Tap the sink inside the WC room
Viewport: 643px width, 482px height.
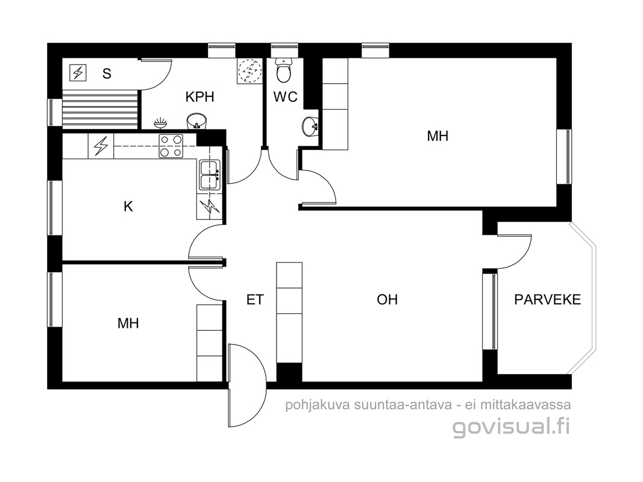pos(310,126)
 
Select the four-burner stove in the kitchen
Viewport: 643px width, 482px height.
pos(171,146)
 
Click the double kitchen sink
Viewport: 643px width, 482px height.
pos(210,175)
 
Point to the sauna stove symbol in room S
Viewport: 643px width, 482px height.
pos(78,73)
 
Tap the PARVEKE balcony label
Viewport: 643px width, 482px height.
pos(547,299)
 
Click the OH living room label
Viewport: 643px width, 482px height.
pos(387,299)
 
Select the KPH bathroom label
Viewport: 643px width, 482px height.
pos(199,97)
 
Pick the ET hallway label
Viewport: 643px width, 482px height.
pos(255,299)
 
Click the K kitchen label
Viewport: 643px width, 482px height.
pos(128,206)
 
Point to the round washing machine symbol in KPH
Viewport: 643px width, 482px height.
pos(249,70)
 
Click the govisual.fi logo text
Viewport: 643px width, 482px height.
pos(512,427)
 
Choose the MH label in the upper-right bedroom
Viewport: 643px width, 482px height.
pos(438,136)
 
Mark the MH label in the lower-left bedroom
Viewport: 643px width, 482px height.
pos(128,324)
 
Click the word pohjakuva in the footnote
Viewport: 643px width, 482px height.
pos(318,405)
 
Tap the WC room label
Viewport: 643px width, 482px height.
pos(286,97)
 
